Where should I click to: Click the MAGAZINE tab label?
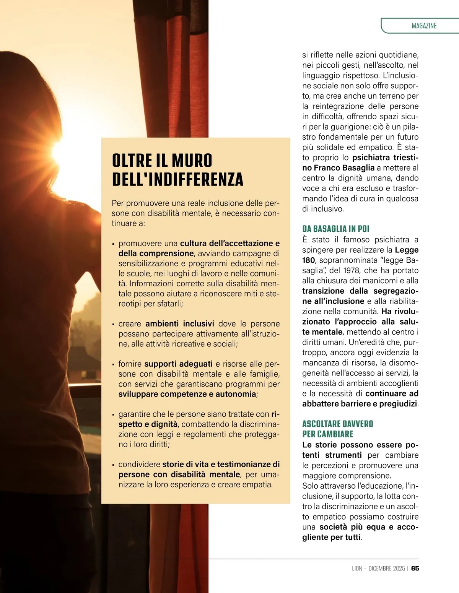tap(424, 26)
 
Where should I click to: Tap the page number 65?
tap(415, 569)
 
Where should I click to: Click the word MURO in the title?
tap(192, 161)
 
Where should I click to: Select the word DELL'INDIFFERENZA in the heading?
tap(177, 180)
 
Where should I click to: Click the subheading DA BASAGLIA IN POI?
tap(335, 229)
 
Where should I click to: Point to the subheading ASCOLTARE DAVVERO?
tap(337, 424)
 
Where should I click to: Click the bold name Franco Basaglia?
tap(344, 168)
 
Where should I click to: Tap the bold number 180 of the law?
tap(308, 260)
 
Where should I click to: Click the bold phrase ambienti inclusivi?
tap(179, 324)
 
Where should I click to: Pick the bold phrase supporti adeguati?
tap(178, 364)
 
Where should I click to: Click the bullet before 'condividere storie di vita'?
tap(113, 465)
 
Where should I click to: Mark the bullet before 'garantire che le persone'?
tap(113, 415)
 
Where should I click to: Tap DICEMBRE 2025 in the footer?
tap(386, 569)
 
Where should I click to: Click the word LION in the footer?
tap(357, 569)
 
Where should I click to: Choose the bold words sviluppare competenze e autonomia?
tap(187, 394)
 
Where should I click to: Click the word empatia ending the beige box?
tap(258, 485)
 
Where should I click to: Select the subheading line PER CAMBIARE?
tap(327, 434)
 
